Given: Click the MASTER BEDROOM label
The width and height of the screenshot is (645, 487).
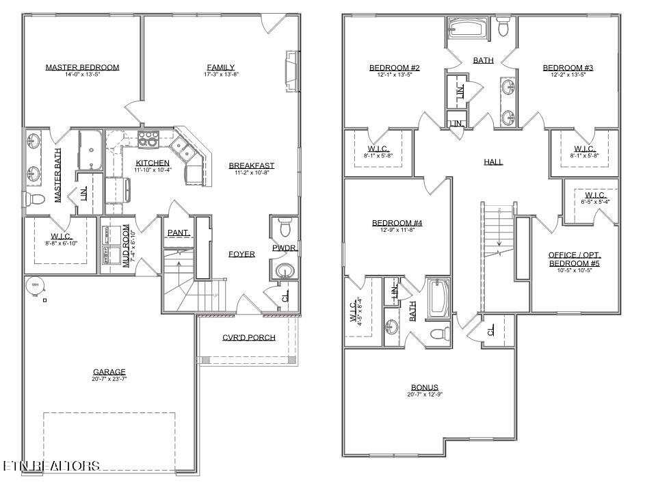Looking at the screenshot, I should coord(82,67).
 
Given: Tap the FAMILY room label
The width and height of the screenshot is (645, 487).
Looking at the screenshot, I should coord(221,67).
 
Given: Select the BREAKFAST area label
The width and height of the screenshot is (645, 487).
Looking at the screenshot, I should coord(251,166).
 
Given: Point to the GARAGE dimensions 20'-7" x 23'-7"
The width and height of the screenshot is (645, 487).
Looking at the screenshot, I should coord(109,378).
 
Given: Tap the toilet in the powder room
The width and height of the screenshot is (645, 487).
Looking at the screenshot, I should coord(285,225).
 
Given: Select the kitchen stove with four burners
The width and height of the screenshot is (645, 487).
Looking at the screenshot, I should coord(148,139).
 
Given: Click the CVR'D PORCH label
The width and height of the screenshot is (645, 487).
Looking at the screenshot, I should coord(248,337).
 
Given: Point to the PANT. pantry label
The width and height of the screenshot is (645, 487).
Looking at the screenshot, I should coord(179,233).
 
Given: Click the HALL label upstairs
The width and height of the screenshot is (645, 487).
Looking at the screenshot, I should coord(493,162).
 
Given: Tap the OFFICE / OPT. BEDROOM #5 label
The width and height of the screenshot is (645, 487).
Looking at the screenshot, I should coord(575,259).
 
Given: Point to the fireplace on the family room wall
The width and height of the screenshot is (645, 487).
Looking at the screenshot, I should coord(292,70).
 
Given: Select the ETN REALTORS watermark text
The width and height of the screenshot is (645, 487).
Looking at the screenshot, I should coord(51,466).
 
